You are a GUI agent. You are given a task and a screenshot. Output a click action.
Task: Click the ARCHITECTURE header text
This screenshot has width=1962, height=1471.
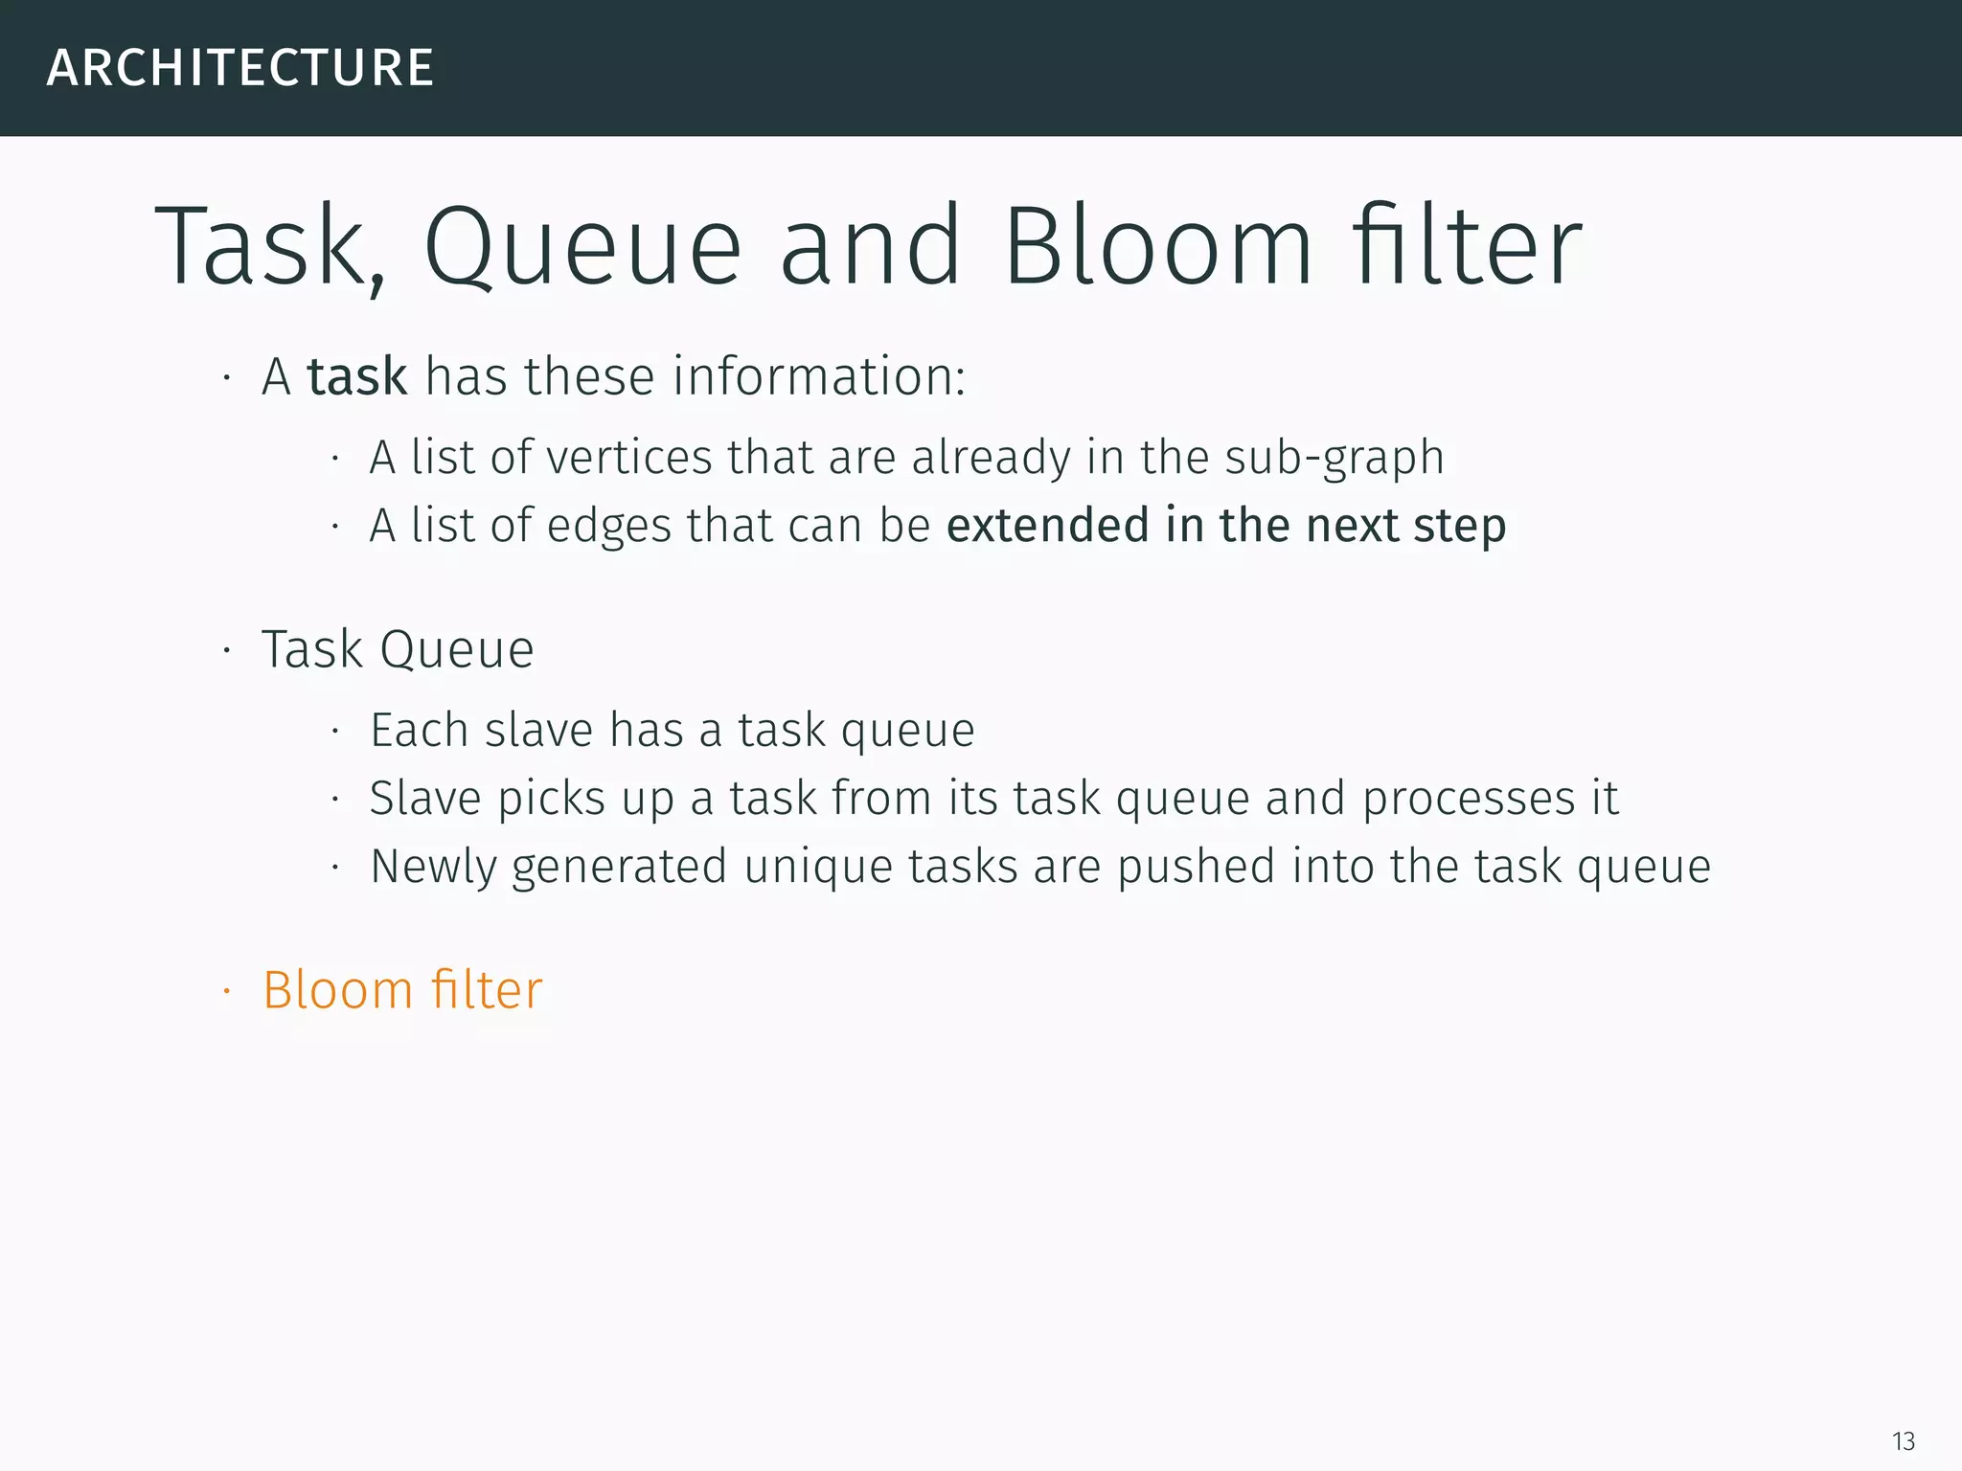coord(240,68)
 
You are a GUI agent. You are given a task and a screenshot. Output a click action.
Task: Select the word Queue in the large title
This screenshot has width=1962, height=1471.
coord(582,247)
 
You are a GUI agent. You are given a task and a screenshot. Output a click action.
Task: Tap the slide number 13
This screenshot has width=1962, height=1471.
coord(1903,1441)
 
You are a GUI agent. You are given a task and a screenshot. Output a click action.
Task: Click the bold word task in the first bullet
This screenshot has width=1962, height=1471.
coord(357,376)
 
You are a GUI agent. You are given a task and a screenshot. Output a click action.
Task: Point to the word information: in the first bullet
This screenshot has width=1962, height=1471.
coord(819,376)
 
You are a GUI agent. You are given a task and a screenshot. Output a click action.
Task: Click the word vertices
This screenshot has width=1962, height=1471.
coord(628,457)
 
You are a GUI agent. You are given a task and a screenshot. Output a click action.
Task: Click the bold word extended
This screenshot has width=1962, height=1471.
coord(1047,526)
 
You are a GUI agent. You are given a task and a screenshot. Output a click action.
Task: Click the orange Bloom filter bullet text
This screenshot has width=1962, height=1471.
coord(402,990)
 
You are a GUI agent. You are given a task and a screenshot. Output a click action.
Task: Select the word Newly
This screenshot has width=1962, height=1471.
coord(433,868)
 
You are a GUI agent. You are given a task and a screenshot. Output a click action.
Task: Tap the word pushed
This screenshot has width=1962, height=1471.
coord(1196,868)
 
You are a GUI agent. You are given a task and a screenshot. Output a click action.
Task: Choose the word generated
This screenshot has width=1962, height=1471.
coord(619,868)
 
